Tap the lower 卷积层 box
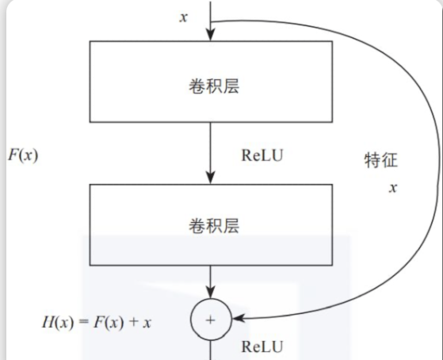[210, 224]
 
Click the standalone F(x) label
[23, 155]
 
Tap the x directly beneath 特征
[391, 188]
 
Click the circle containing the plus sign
[210, 320]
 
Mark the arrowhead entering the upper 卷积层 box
[210, 34]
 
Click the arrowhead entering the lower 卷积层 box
[210, 178]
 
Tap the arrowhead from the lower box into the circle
[210, 297]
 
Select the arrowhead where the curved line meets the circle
[235, 320]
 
